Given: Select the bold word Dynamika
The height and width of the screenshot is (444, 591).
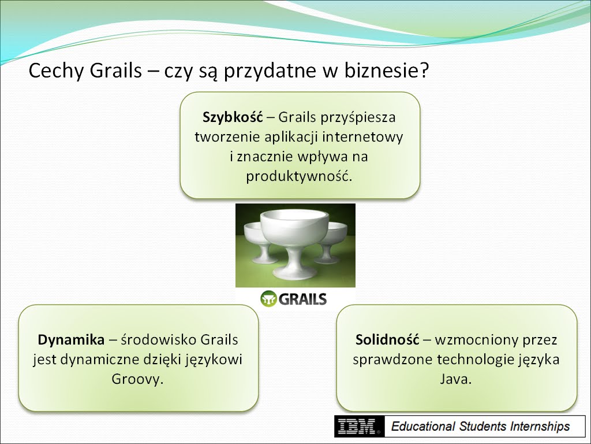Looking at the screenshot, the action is pos(71,340).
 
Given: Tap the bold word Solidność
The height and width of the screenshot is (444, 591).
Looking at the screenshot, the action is pos(387,339).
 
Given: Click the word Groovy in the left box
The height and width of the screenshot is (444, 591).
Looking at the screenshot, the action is pos(137,379).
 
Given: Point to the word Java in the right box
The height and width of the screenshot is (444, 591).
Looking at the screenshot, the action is pos(456,379).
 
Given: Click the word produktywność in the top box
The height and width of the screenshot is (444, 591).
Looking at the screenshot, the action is pos(299,176).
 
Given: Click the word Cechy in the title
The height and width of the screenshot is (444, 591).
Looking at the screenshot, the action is pos(55,71).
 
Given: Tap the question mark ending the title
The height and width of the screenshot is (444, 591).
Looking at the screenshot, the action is pos(425,70).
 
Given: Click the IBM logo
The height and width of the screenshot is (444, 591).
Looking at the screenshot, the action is pos(359,427).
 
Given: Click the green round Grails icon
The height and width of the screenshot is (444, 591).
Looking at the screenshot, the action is pos(268,299).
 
